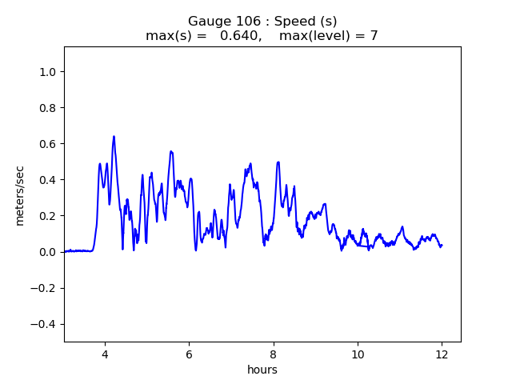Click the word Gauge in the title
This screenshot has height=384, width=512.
(207, 21)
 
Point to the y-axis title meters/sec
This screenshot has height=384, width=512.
(20, 194)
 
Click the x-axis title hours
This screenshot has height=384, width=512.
(262, 370)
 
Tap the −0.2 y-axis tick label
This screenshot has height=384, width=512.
(45, 288)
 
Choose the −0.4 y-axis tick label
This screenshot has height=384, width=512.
(45, 324)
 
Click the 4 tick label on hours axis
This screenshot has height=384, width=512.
(105, 354)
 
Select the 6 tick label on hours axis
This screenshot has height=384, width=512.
(189, 354)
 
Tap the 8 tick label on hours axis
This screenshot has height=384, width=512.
(274, 354)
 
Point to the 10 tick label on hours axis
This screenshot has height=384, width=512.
(358, 354)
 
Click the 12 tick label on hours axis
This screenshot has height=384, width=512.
(442, 354)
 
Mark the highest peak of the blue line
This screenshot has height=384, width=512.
(114, 137)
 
